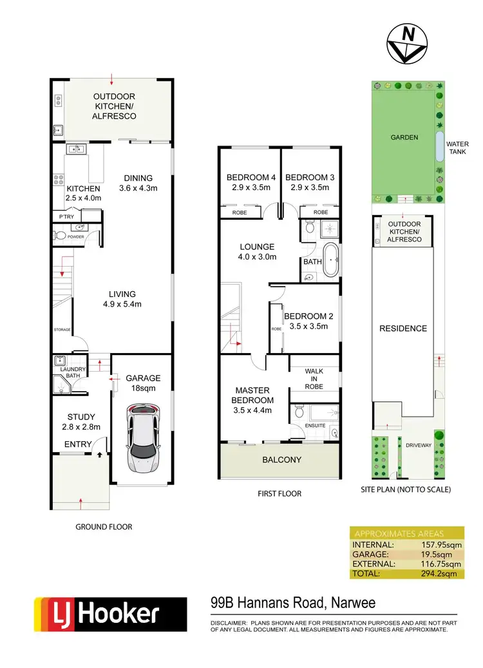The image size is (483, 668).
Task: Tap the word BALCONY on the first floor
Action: pyautogui.click(x=281, y=460)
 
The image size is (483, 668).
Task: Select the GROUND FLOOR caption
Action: pyautogui.click(x=104, y=526)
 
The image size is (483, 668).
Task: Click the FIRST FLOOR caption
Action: pyautogui.click(x=280, y=493)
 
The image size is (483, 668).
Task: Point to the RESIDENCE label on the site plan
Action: pyautogui.click(x=402, y=329)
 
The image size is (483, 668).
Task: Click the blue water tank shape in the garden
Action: pyautogui.click(x=439, y=147)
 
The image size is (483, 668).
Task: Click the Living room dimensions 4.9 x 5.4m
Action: pyautogui.click(x=122, y=304)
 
